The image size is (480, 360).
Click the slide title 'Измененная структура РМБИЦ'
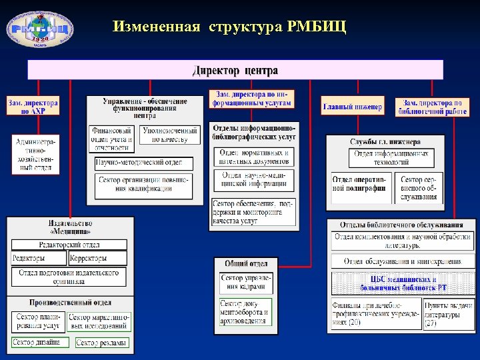pos(229,27)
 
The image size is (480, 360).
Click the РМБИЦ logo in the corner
pos(40,26)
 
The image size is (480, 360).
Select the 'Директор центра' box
pos(235,70)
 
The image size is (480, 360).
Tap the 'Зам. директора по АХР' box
pos(33,107)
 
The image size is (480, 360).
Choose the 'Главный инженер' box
pos(353,107)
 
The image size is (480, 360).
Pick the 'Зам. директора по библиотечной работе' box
pos(431,107)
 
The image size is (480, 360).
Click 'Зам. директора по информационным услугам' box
pos(251,99)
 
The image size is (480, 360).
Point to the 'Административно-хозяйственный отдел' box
pos(36,154)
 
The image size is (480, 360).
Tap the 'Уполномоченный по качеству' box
pos(170,135)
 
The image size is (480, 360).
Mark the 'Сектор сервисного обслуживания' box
pos(419,188)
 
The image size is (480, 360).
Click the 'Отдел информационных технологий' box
pos(391,158)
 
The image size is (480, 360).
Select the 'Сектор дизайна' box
pos(39,342)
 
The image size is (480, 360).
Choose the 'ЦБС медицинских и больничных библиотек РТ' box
pos(403,283)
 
